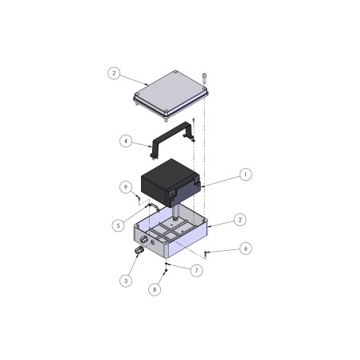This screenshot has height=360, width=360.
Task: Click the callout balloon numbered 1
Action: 245,173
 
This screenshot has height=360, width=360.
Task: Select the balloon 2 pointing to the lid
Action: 114,73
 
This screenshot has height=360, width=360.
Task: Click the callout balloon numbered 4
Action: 125,142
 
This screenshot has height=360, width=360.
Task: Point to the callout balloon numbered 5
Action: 118,225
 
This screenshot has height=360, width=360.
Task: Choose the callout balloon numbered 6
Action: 245,248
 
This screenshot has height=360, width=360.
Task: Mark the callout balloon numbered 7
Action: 197,270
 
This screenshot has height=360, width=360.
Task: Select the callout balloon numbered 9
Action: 125,187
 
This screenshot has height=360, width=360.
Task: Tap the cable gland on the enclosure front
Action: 139,250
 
